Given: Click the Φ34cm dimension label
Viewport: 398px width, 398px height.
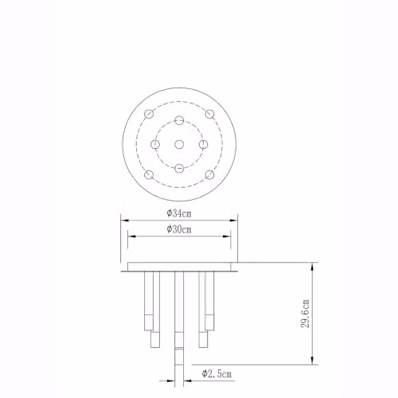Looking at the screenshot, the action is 179,213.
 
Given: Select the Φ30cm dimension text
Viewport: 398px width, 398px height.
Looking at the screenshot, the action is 179,229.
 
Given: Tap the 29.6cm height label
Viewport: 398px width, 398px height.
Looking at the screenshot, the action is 305,314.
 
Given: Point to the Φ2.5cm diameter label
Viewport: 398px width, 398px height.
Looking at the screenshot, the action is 217,374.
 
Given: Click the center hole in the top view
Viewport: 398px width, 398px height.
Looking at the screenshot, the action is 179,145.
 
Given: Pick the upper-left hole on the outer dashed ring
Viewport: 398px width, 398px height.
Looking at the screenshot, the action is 149,114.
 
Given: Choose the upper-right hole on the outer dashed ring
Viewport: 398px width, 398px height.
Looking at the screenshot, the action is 209,114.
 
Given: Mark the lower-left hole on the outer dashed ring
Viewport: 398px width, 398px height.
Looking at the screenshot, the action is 149,175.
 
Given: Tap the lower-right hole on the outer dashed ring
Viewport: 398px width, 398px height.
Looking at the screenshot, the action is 209,175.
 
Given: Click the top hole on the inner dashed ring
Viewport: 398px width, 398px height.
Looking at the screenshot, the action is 179,120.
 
